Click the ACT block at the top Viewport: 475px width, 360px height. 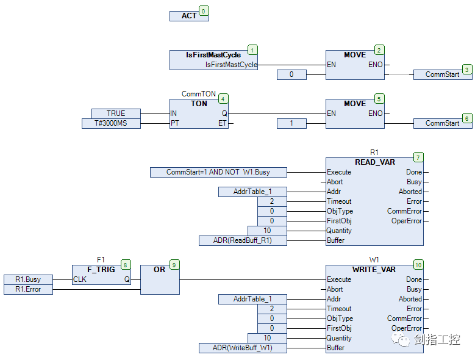point(189,16)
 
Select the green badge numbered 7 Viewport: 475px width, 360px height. point(418,157)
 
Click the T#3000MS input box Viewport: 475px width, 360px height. point(111,123)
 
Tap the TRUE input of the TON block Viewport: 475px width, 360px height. point(116,113)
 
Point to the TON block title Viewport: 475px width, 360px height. point(199,104)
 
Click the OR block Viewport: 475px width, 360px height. point(160,279)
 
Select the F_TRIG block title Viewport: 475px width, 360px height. point(101,270)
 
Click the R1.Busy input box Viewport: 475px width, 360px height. point(28,279)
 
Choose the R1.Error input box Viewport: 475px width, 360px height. point(28,289)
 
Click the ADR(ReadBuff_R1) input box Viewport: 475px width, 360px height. point(243,240)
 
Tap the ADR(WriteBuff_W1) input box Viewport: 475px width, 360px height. point(243,348)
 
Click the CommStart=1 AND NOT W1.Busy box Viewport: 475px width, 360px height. point(218,172)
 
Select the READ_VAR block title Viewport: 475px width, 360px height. point(375,162)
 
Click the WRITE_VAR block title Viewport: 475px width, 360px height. point(374,270)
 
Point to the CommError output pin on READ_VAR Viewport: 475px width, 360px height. point(404,211)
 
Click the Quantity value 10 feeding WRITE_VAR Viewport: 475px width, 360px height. point(267,338)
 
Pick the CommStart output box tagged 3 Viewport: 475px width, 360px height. point(443,74)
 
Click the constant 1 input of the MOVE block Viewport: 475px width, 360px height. point(291,123)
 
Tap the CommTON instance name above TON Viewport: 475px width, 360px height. point(199,94)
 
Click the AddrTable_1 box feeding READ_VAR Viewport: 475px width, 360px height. point(252,192)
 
